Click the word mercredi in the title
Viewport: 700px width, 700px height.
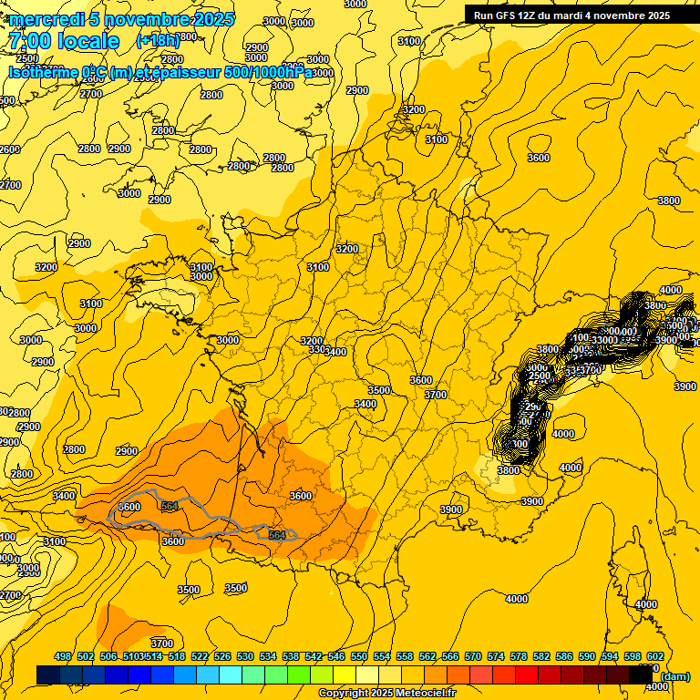click(x=46, y=19)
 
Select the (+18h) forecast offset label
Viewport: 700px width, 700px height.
click(x=157, y=41)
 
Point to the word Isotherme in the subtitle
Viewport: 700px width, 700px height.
click(x=42, y=73)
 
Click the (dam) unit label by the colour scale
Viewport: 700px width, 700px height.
click(x=674, y=675)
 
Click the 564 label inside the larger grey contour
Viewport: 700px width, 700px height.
click(x=169, y=506)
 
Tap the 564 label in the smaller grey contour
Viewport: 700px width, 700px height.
click(x=277, y=535)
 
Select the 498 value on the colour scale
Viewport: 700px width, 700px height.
click(x=63, y=656)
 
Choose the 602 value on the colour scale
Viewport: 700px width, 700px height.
click(x=655, y=656)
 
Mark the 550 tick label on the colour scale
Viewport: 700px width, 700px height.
click(x=359, y=656)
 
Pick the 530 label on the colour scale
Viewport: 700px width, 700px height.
click(x=245, y=656)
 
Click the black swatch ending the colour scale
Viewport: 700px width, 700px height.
click(x=642, y=675)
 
